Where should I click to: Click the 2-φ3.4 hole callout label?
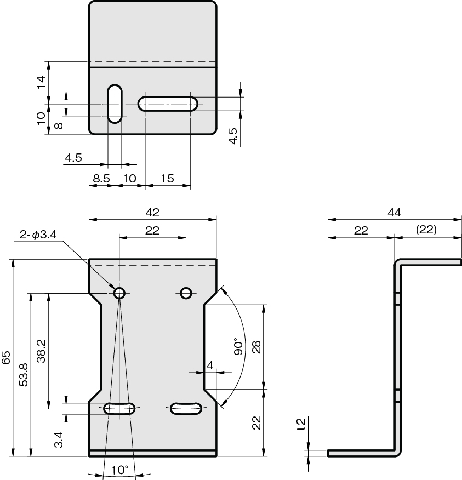[x=38, y=235]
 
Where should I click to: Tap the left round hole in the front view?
[x=119, y=293]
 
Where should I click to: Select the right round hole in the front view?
[x=186, y=293]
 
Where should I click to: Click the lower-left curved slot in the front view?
[x=119, y=409]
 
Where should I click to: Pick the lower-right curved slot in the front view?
[x=186, y=409]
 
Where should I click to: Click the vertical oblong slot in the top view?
[x=115, y=104]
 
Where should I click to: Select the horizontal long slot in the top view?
[x=168, y=104]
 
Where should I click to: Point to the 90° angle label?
[x=238, y=346]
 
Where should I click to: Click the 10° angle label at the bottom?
[x=119, y=470]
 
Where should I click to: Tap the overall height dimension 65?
[x=6, y=358]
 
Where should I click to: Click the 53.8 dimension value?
[x=24, y=375]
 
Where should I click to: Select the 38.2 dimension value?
[x=41, y=351]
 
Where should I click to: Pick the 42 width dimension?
[x=152, y=213]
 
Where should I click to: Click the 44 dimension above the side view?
[x=394, y=213]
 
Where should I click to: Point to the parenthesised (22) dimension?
[x=426, y=230]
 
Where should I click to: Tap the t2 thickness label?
[x=301, y=424]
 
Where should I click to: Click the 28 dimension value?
[x=256, y=347]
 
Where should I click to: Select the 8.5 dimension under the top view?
[x=101, y=179]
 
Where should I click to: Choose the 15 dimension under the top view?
[x=168, y=179]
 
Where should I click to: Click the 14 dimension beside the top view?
[x=41, y=82]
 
